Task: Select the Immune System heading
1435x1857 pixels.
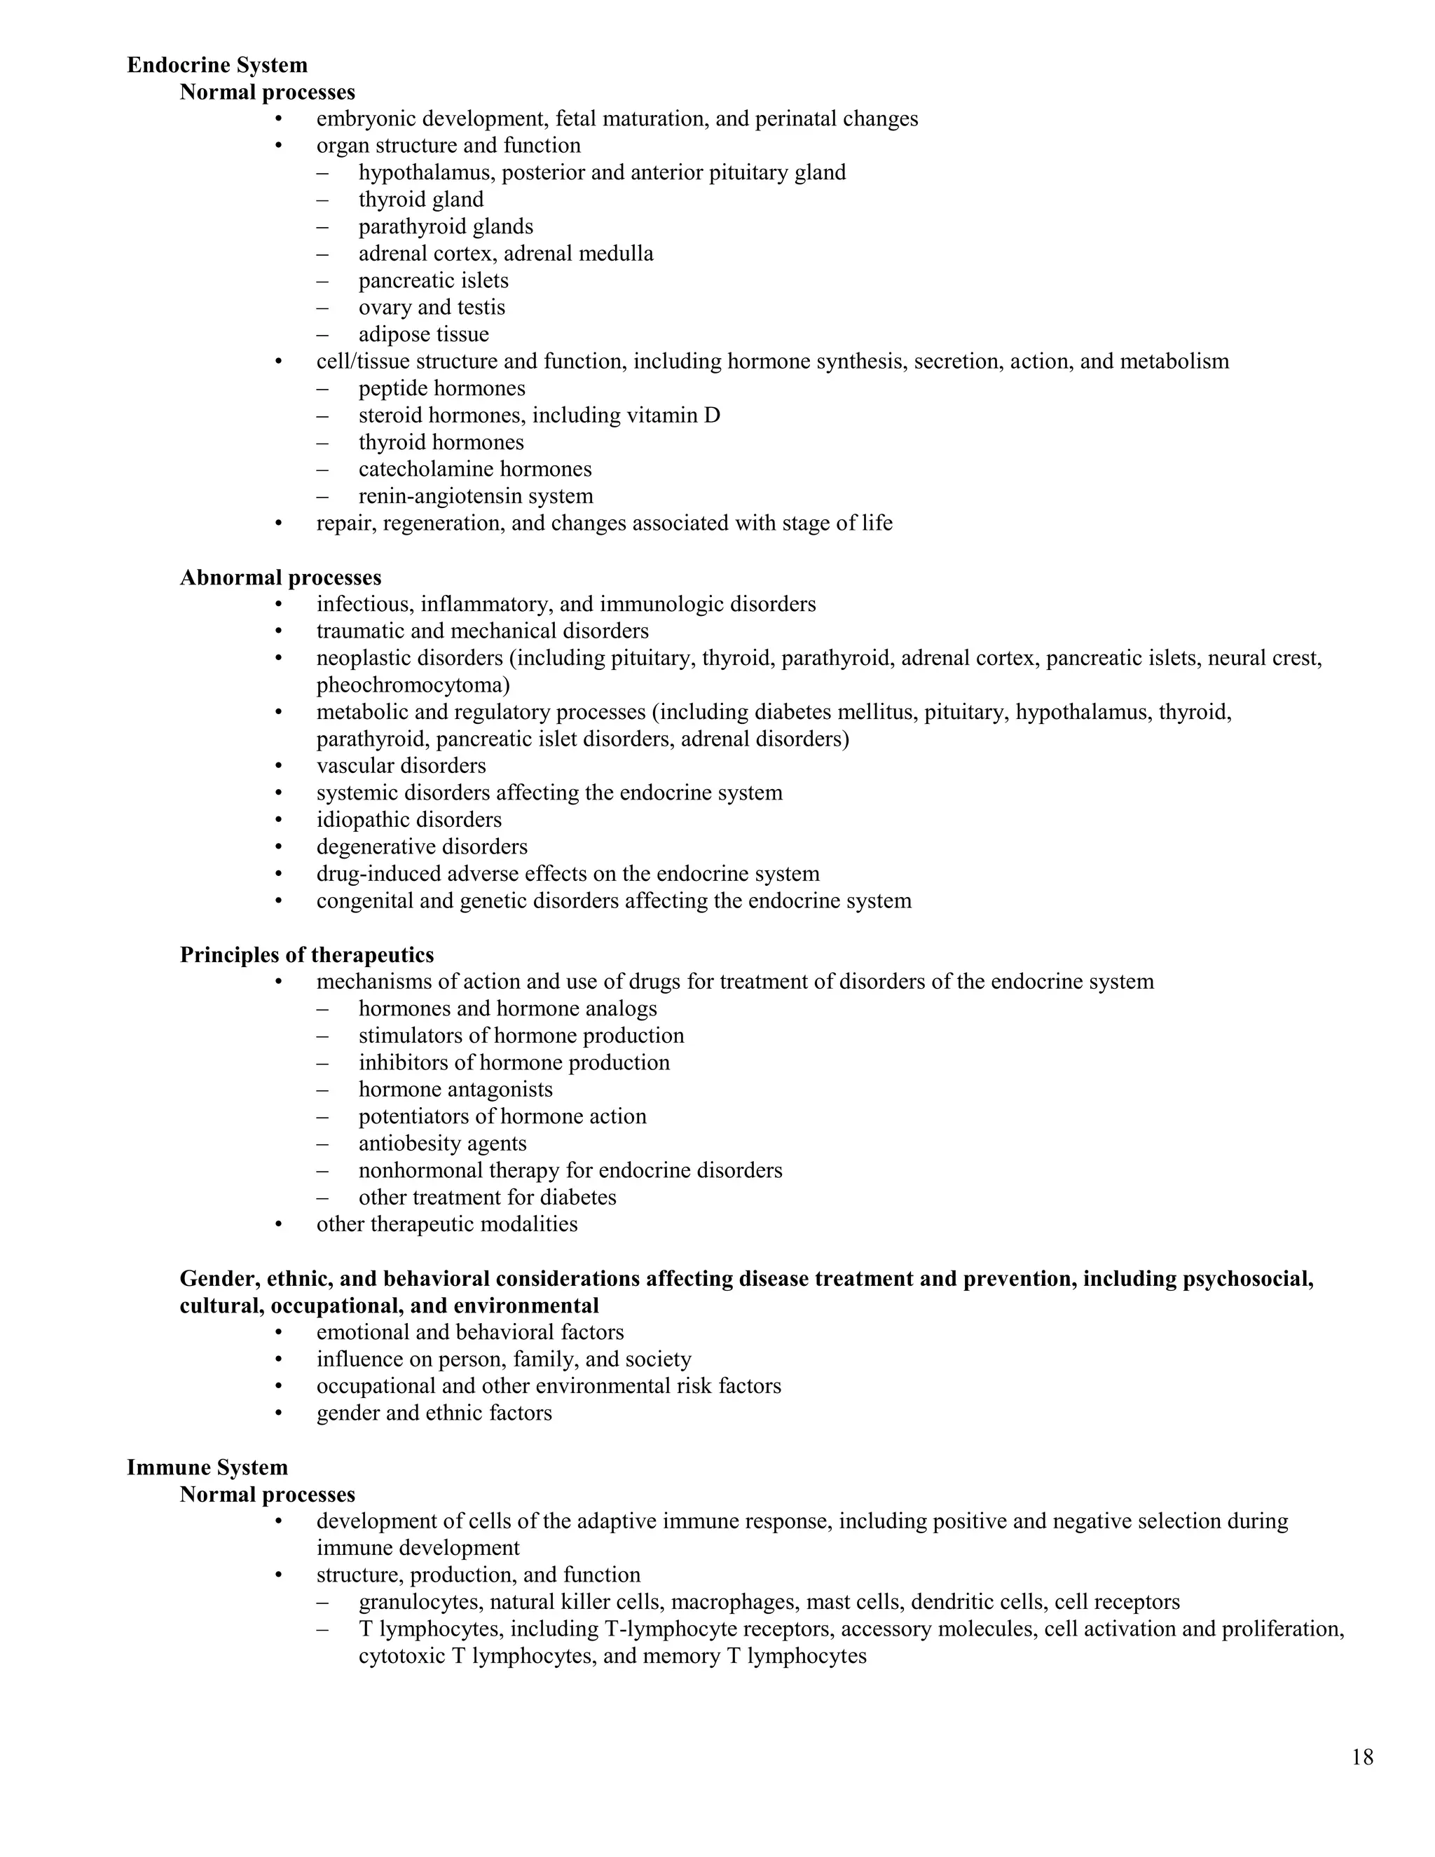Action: [x=207, y=1467]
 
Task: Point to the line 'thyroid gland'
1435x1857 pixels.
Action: [x=421, y=199]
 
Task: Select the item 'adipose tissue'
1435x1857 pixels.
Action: [x=423, y=334]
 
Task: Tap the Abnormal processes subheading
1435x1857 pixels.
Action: [x=280, y=577]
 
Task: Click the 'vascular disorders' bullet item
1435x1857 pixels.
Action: [x=401, y=765]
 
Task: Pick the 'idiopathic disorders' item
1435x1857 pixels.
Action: [x=409, y=820]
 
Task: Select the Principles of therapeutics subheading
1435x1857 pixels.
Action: [x=306, y=955]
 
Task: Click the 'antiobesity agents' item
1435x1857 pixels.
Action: [x=442, y=1143]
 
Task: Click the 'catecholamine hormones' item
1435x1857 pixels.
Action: [x=474, y=469]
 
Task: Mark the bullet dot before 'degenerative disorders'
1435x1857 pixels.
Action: [x=278, y=847]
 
